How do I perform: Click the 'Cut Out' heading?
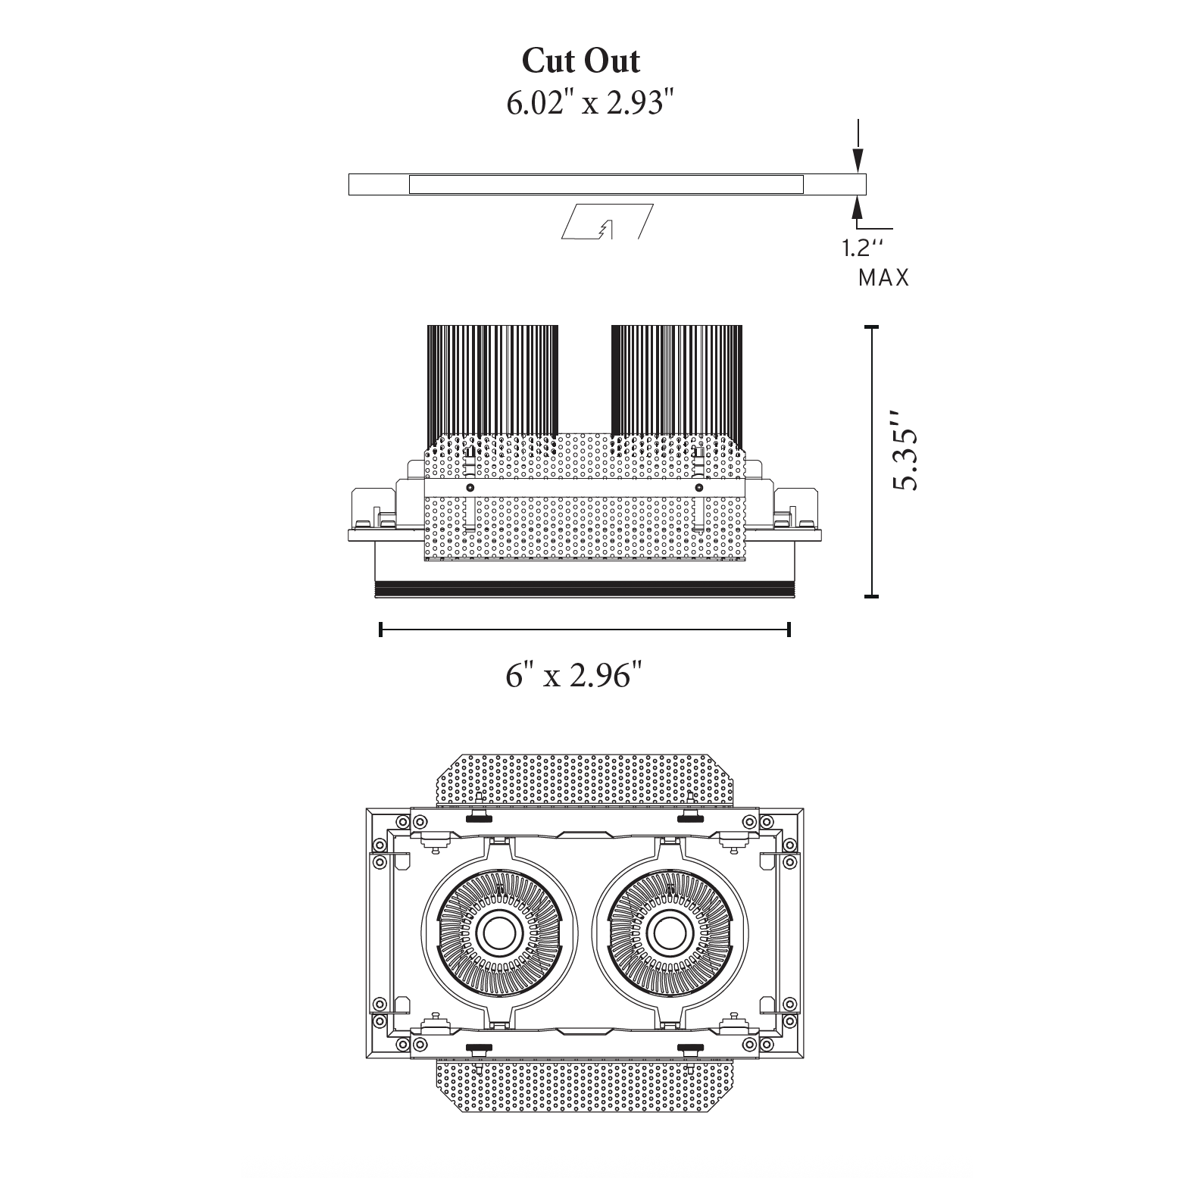coord(581,61)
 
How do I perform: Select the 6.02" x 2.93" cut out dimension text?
coord(589,103)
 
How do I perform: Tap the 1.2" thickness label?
coord(863,248)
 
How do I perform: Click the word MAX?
coord(883,278)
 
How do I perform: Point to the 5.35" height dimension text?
coord(905,451)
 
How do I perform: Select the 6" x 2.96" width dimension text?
coord(578,674)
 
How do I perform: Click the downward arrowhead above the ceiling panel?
coord(858,160)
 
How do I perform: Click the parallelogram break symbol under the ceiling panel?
coord(607,221)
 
